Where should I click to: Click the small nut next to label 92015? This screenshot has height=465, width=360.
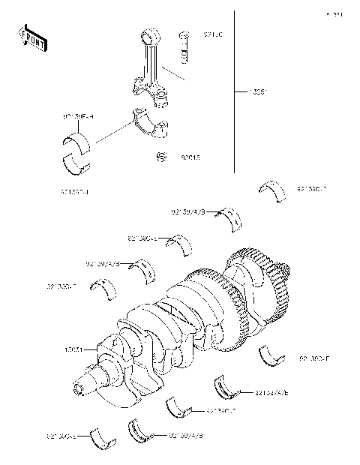click(x=161, y=157)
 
